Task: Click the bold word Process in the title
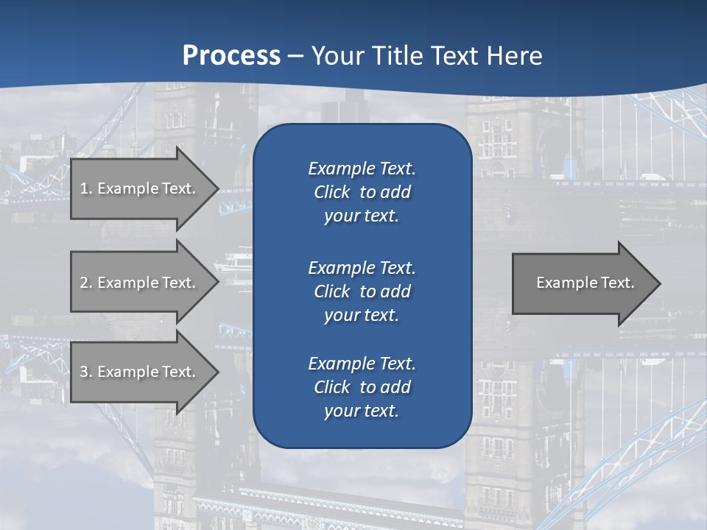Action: (231, 56)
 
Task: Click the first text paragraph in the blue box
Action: (362, 192)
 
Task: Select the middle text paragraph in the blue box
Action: (362, 291)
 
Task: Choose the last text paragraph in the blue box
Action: (362, 386)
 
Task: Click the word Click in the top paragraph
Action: (331, 192)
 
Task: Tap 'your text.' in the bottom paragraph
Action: (362, 411)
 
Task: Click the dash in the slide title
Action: (295, 56)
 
